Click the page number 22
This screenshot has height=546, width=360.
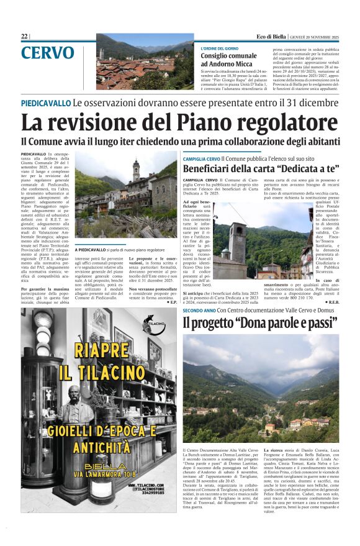tap(24, 37)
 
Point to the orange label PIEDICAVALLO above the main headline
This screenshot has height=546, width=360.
tap(45, 103)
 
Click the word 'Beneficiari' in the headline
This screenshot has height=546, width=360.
tap(217, 168)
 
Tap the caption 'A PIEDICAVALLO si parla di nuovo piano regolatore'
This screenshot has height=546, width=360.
tap(116, 249)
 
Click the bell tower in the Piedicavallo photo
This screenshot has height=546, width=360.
tap(136, 170)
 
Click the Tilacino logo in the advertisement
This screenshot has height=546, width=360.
tap(155, 327)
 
